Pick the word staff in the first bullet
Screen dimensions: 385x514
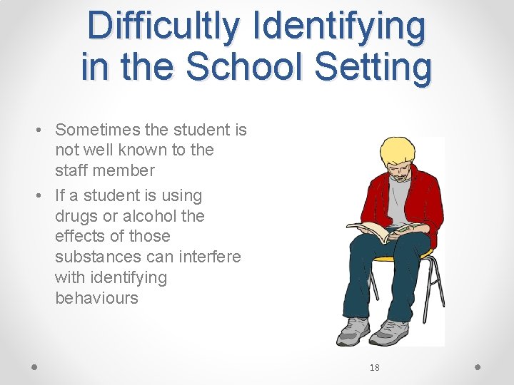tap(71, 170)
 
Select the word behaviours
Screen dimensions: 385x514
tap(96, 298)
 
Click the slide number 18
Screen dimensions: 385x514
tap(374, 368)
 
